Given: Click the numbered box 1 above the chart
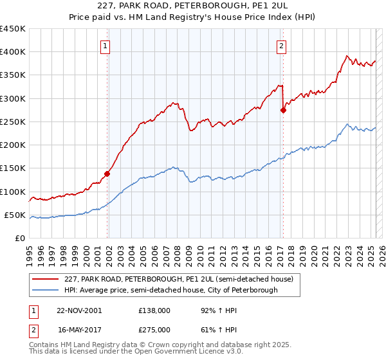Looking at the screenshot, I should tap(105, 45).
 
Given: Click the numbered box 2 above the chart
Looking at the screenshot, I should tap(281, 45).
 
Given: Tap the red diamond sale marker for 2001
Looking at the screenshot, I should tap(107, 173).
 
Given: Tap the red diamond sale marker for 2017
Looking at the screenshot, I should tap(283, 110).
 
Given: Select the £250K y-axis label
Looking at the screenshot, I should tap(13, 122).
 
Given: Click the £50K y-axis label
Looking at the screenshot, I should tap(15, 215).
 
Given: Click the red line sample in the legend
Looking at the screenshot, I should tap(46, 279).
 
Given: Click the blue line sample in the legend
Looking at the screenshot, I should tap(46, 291).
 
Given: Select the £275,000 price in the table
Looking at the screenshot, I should tap(154, 328).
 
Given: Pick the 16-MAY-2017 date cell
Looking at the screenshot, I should tap(78, 328).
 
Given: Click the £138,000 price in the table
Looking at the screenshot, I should tap(154, 310).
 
